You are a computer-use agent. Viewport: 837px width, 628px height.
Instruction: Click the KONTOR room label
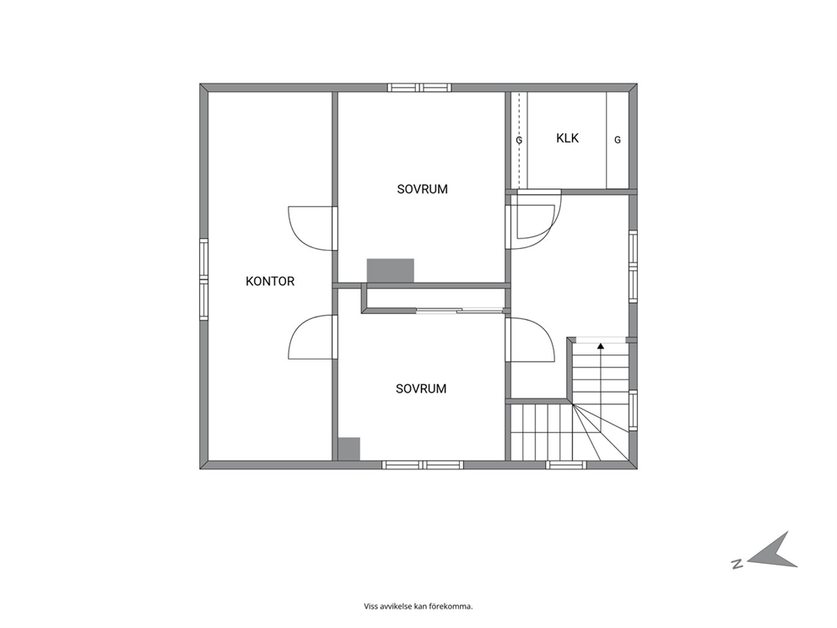[269, 281]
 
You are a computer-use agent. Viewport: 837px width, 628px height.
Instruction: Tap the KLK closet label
[568, 138]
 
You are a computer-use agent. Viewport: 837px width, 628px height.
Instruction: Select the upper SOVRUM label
[422, 189]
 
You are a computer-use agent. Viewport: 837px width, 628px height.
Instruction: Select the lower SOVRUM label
[421, 389]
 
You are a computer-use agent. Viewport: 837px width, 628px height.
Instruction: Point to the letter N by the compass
[737, 564]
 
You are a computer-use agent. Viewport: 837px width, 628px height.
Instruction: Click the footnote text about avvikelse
[418, 606]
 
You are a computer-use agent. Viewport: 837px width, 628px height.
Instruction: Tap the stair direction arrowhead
[601, 346]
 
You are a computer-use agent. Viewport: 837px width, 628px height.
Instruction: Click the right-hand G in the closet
[618, 140]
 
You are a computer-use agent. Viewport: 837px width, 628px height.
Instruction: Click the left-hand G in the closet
[519, 140]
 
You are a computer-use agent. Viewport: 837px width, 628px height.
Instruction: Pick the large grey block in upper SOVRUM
[390, 271]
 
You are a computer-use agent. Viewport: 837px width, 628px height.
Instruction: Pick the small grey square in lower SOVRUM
[348, 449]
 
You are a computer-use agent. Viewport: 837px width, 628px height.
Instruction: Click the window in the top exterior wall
[419, 88]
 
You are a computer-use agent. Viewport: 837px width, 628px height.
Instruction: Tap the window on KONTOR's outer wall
[204, 279]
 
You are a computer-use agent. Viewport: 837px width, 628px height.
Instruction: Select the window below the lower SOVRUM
[424, 464]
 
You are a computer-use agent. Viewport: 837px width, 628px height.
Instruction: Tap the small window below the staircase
[566, 464]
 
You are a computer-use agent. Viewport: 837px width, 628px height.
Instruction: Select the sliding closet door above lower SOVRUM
[460, 311]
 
